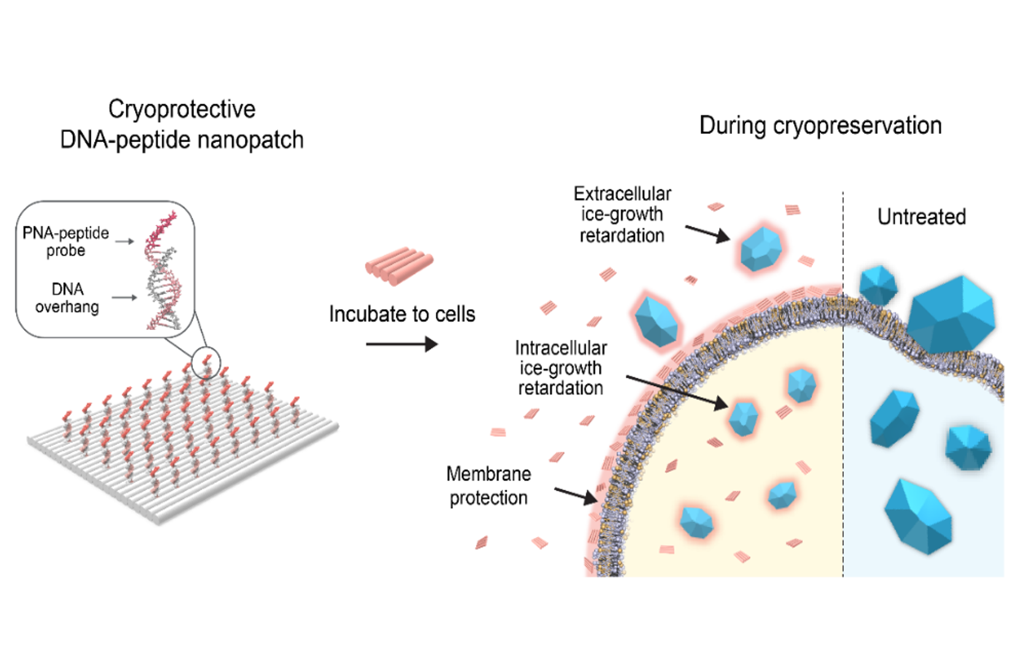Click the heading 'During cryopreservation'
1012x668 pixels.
[820, 126]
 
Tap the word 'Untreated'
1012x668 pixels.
[922, 217]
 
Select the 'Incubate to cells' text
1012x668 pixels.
[402, 314]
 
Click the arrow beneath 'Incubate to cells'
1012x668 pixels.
[402, 344]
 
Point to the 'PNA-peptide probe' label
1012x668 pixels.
[66, 242]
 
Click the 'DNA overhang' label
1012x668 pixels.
[68, 297]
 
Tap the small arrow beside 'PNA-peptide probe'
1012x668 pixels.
[125, 242]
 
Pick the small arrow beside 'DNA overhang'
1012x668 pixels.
[125, 297]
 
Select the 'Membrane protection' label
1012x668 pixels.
[488, 485]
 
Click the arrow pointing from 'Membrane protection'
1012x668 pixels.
[576, 496]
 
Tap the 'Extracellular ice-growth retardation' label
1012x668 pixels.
[622, 215]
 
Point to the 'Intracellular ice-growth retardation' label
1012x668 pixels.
[561, 367]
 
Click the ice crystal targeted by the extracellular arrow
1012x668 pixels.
[761, 249]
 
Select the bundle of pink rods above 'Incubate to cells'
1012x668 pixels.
[399, 266]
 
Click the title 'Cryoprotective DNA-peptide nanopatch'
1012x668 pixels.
[182, 124]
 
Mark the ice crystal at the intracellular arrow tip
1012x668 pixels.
[743, 418]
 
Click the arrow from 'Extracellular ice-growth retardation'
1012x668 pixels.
[707, 234]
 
